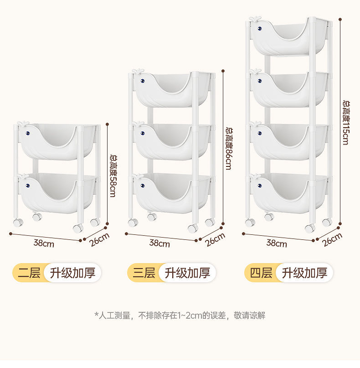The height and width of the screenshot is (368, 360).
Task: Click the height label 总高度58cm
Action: click(x=112, y=176)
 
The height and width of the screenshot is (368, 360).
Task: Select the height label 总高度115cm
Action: click(x=345, y=122)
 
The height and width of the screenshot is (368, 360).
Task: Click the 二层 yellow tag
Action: click(x=29, y=273)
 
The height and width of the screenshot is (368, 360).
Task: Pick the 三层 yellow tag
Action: click(x=144, y=273)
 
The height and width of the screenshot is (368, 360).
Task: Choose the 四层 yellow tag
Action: click(x=261, y=273)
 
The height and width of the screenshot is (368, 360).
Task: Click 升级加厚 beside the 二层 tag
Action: click(x=72, y=273)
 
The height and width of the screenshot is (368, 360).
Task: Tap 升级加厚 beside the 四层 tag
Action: click(x=304, y=273)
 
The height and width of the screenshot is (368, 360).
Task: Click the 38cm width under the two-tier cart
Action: click(x=44, y=243)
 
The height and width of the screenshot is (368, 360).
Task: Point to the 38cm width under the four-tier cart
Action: click(x=277, y=244)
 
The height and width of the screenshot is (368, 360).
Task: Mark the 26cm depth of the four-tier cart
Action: click(x=332, y=239)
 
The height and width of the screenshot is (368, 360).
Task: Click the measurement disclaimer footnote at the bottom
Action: click(x=180, y=315)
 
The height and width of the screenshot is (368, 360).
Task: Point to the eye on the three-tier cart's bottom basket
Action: click(x=143, y=186)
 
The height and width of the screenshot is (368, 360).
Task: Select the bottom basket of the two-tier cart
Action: click(x=57, y=194)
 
